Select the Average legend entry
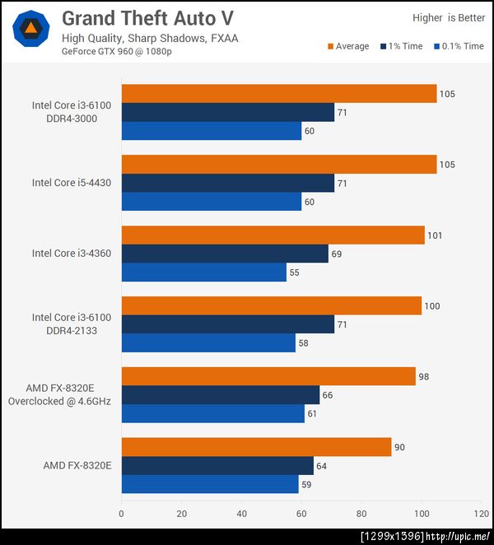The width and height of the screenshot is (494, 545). (348, 46)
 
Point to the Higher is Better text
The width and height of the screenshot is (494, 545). (449, 17)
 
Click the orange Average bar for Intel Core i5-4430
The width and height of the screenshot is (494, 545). (278, 165)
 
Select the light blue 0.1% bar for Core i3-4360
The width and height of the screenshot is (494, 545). (203, 272)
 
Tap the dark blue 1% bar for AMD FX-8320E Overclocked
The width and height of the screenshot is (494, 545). (220, 395)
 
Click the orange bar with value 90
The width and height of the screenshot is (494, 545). (256, 447)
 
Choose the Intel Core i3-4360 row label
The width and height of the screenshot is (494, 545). (72, 254)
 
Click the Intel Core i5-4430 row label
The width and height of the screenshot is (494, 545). (72, 183)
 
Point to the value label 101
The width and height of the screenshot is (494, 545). (435, 235)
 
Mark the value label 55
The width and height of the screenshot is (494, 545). (296, 272)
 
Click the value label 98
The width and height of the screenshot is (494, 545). (425, 377)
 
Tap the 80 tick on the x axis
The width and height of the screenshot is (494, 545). (361, 514)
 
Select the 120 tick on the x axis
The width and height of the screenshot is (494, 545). (481, 514)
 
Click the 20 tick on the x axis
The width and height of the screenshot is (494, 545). (181, 514)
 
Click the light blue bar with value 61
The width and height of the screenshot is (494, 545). (212, 413)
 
